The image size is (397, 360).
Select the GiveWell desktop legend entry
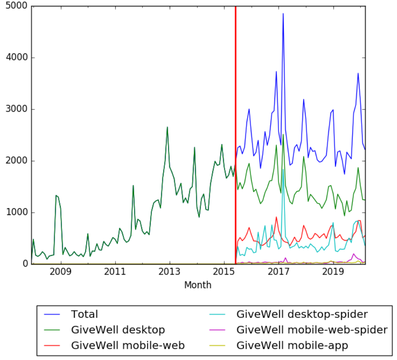click(x=118, y=330)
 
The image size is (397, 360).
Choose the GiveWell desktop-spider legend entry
click(x=302, y=314)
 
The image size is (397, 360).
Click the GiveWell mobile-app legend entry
click(x=292, y=345)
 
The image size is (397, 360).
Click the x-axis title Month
click(x=198, y=285)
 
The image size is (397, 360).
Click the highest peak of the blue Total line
click(x=283, y=14)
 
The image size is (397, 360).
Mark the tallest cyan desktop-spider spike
click(x=283, y=169)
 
